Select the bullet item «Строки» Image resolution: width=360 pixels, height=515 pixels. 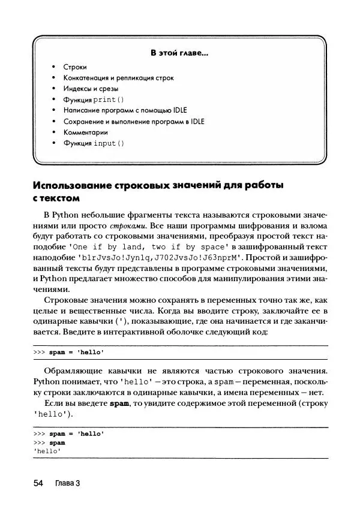(76, 67)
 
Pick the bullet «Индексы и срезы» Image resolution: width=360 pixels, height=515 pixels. (91, 89)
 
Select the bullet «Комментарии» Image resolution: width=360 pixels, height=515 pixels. (85, 132)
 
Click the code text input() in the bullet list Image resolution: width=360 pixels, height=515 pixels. (109, 143)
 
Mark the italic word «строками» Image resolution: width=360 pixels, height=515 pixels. (128, 227)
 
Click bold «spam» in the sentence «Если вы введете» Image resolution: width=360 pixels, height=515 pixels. (119, 403)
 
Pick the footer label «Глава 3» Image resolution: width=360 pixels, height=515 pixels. (67, 483)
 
